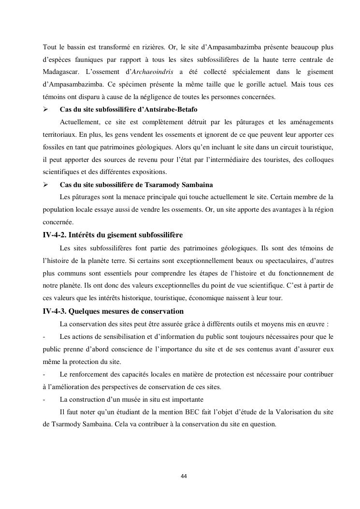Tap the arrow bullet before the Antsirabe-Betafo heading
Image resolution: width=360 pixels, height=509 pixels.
[46, 110]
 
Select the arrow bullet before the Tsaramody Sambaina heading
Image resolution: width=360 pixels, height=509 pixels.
[46, 185]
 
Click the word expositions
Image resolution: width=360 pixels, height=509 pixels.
[150, 173]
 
